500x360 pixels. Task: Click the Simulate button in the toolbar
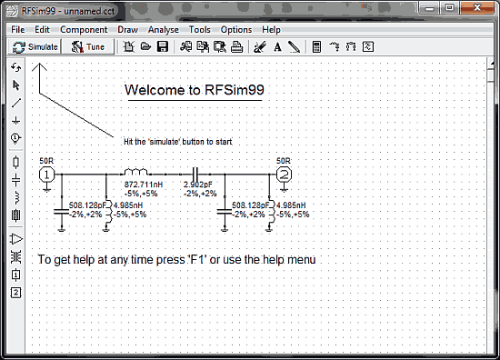tap(35, 46)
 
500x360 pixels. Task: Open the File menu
tap(17, 29)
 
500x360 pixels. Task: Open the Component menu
tap(84, 29)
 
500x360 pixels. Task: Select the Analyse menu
tap(164, 29)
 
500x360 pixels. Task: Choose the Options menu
tap(236, 29)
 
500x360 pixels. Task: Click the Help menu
tap(271, 29)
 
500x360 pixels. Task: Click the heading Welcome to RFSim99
tap(195, 90)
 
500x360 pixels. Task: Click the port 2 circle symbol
tap(285, 173)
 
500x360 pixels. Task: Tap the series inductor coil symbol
tap(135, 171)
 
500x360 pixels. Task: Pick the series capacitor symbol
tap(195, 172)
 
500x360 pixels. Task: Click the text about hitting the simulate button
tap(185, 143)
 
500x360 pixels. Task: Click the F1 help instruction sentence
tap(176, 260)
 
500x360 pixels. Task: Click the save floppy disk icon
tap(161, 46)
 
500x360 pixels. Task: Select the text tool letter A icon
tap(277, 46)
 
